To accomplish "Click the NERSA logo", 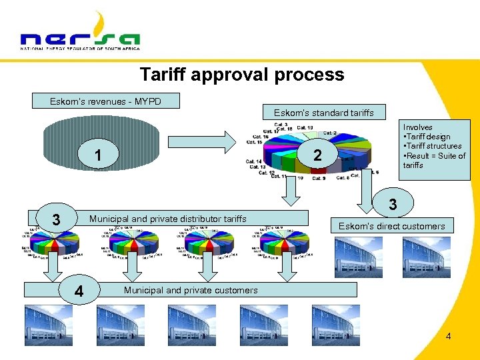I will (x=80, y=33).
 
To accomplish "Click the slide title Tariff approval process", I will (x=242, y=74).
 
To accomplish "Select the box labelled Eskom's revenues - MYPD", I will (x=106, y=101).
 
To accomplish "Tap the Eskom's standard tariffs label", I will (x=324, y=113).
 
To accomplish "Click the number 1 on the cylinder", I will (x=98, y=156).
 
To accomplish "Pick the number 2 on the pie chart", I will (x=318, y=155).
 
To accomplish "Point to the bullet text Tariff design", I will (x=428, y=137).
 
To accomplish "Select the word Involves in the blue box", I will (x=418, y=127).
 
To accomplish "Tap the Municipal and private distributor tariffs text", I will (x=167, y=219).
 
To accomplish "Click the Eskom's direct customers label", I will (x=391, y=226).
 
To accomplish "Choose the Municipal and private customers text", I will (x=191, y=290).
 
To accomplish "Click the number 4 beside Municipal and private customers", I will (x=79, y=291).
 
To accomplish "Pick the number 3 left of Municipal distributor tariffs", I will (x=57, y=219).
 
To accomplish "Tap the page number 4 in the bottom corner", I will (x=448, y=336).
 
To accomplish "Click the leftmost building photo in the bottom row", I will (x=49, y=325).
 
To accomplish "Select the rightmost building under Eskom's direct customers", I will (x=426, y=257).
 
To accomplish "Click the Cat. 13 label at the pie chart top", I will (x=305, y=128).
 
